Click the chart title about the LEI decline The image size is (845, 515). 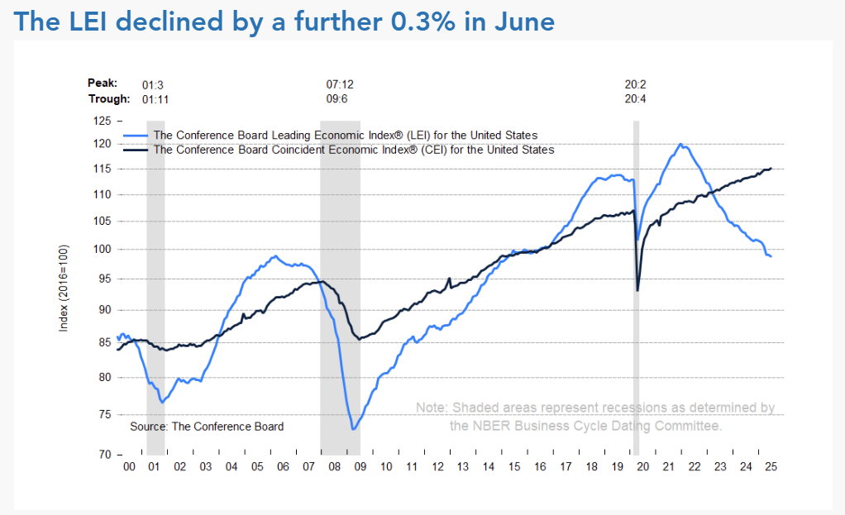click(284, 21)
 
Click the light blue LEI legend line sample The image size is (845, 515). click(136, 136)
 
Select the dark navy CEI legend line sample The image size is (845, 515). click(136, 150)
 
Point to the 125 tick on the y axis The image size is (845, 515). click(103, 121)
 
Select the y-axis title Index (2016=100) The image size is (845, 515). click(64, 288)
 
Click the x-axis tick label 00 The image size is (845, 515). click(129, 467)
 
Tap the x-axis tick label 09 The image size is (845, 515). click(360, 467)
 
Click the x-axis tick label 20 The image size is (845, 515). click(642, 467)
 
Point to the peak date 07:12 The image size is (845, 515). click(339, 83)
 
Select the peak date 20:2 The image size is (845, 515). click(635, 83)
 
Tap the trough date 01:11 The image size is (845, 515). click(155, 98)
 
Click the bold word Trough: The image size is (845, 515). click(108, 98)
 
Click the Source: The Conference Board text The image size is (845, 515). click(207, 427)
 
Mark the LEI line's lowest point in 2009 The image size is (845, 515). click(353, 429)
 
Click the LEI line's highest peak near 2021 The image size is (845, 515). click(680, 145)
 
